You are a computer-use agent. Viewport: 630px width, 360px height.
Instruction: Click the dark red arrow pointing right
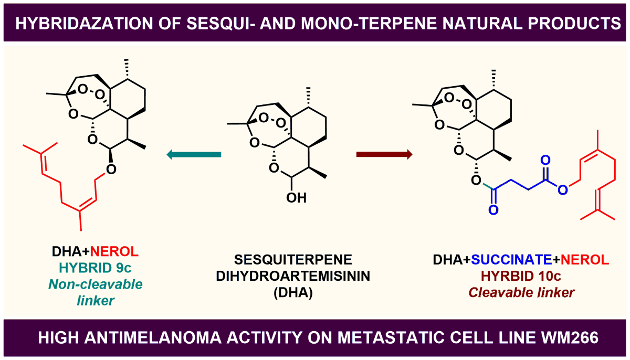[384, 154]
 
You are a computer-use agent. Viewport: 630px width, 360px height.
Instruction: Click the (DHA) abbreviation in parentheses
[300, 292]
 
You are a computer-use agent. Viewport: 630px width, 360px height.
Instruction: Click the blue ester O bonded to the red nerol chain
[562, 189]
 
